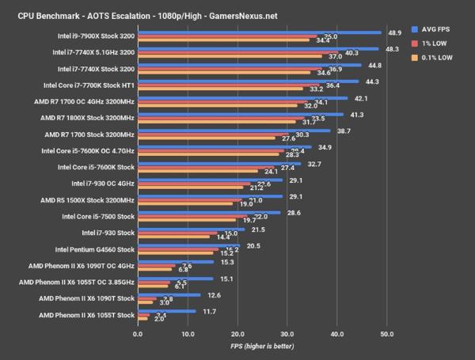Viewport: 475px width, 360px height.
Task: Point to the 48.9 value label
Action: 393,32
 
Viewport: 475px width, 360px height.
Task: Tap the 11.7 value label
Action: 209,312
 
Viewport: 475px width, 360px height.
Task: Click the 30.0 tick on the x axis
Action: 287,335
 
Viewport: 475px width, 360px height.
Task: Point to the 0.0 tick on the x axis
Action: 139,335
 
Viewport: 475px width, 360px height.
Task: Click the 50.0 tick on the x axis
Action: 387,335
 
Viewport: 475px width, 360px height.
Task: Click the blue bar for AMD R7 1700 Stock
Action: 234,130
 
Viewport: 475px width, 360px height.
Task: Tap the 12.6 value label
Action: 213,295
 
